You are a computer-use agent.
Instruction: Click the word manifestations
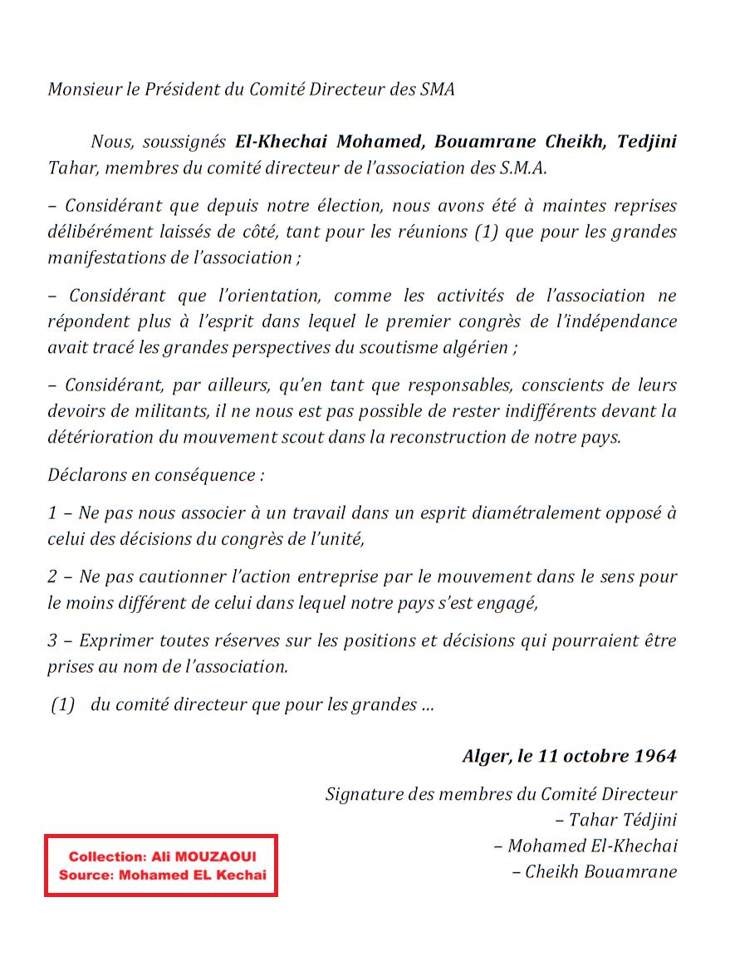[x=108, y=257]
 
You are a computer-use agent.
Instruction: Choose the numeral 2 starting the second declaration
[x=52, y=577]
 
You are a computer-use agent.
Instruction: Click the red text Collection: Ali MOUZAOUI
[x=161, y=856]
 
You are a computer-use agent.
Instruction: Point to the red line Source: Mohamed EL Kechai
[x=161, y=875]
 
